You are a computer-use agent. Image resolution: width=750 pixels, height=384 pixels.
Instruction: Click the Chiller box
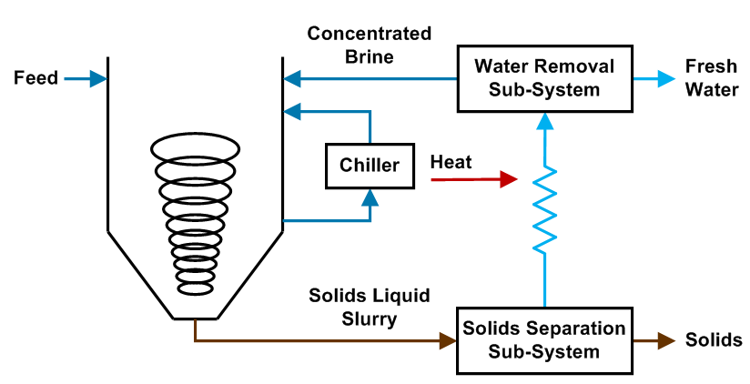coord(370,165)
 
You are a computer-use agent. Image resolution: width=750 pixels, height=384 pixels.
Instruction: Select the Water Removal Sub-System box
coord(544,78)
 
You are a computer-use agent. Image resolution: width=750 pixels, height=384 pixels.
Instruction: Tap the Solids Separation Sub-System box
coord(544,340)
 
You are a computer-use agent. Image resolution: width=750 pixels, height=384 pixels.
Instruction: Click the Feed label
coord(36,78)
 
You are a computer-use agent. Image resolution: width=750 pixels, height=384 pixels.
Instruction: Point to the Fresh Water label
coord(705,78)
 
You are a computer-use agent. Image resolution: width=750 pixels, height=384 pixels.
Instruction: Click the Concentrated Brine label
coord(369,45)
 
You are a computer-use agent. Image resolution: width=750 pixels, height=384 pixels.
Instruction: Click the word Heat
coord(451,162)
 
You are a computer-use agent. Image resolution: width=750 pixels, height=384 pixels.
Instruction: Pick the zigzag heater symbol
coord(544,211)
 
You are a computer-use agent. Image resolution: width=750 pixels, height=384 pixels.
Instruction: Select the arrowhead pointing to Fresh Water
coord(667,79)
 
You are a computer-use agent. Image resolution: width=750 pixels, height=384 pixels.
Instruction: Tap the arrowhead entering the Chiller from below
coord(370,195)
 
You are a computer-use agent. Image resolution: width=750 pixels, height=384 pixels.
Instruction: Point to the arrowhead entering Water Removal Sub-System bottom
coord(544,118)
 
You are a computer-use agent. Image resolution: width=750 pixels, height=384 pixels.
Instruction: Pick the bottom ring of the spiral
coord(196,288)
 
